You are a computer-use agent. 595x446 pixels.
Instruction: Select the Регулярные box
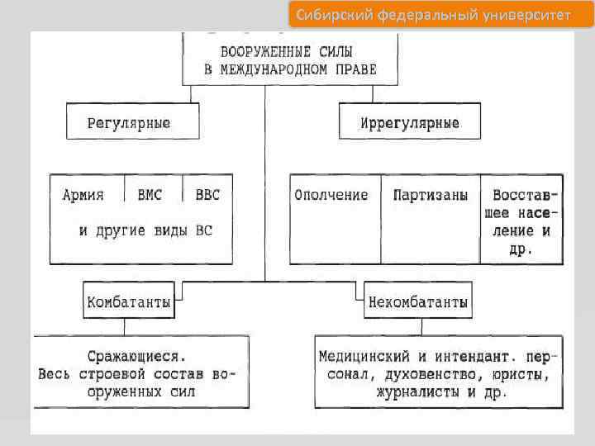tap(131, 122)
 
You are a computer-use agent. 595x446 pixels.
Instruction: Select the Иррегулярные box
tap(409, 122)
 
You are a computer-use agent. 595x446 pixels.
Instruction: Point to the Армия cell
tap(84, 196)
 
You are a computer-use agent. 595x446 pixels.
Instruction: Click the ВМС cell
tap(150, 196)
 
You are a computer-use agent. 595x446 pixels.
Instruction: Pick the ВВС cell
tap(207, 196)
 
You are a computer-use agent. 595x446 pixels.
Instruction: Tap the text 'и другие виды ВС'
tap(145, 230)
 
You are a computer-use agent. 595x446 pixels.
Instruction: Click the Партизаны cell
tap(430, 196)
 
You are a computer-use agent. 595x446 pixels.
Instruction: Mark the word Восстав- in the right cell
tap(525, 196)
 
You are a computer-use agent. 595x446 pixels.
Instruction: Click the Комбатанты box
tap(129, 302)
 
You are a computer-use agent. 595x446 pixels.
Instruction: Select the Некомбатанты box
tap(418, 302)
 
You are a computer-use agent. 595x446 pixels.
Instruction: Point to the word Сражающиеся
tap(137, 357)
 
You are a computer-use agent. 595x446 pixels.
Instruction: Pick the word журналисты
tap(417, 393)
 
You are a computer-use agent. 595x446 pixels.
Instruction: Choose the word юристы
tap(519, 375)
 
